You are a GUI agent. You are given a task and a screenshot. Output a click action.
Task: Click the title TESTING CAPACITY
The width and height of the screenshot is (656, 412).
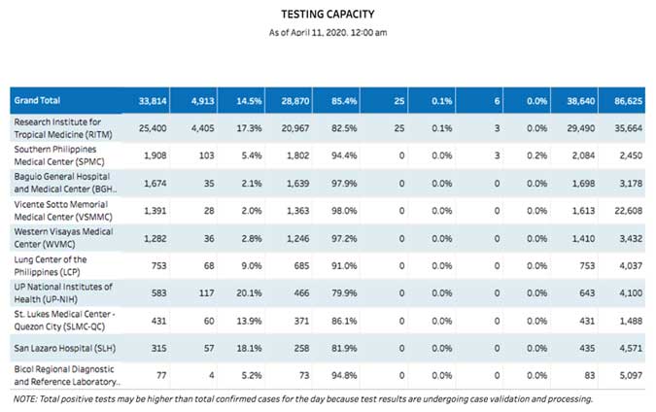327,14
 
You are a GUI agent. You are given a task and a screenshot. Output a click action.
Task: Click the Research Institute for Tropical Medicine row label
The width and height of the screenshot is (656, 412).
61,127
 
